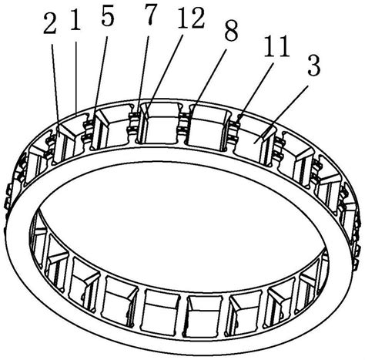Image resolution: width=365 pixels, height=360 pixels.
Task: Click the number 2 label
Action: pyautogui.click(x=50, y=24)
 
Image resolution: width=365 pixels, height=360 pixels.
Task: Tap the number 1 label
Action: pyautogui.click(x=75, y=21)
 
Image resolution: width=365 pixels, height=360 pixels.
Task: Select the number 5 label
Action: pyautogui.click(x=108, y=16)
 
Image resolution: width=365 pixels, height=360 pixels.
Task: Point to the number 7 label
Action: pyautogui.click(x=151, y=14)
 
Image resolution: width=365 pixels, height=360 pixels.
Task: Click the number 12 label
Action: pyautogui.click(x=191, y=19)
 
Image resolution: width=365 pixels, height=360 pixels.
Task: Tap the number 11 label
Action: pyautogui.click(x=277, y=47)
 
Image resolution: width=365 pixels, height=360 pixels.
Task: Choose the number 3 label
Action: pyautogui.click(x=314, y=66)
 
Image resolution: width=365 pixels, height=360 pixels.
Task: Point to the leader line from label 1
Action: pyautogui.click(x=76, y=78)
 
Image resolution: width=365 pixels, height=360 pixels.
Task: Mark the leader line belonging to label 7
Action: pyautogui.click(x=144, y=75)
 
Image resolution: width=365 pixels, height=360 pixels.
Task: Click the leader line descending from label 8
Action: pyautogui.click(x=209, y=80)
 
